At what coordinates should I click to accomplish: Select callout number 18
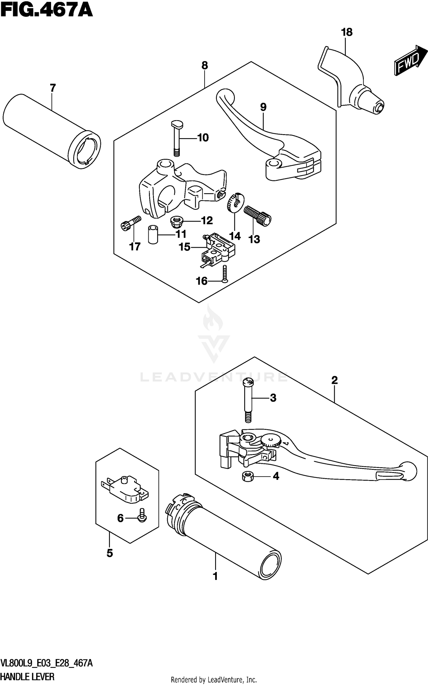(x=347, y=32)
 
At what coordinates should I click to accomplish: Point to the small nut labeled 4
(x=247, y=476)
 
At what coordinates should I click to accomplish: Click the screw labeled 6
(x=142, y=518)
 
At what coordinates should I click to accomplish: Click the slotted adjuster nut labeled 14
(x=235, y=202)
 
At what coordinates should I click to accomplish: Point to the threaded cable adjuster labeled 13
(x=258, y=216)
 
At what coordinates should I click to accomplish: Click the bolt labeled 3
(x=248, y=399)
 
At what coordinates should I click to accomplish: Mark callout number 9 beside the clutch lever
(x=263, y=107)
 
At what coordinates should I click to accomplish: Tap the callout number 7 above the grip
(x=53, y=88)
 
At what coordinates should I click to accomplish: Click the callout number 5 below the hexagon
(x=110, y=553)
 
